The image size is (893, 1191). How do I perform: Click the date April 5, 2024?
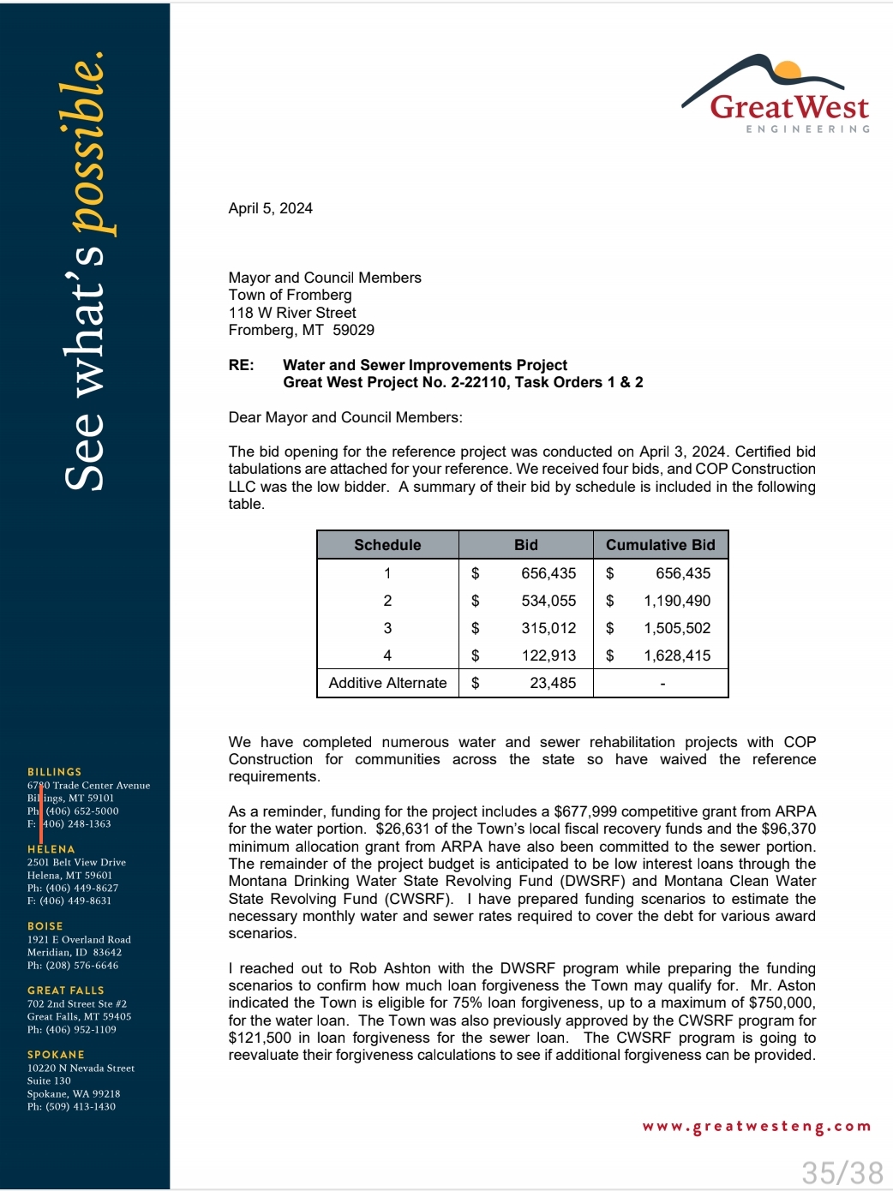coord(270,208)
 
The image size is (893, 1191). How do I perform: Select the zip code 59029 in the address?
coord(353,330)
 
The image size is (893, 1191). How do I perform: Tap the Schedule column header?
coord(387,545)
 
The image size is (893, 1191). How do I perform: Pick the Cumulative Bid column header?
coord(660,545)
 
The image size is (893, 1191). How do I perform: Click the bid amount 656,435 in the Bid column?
coord(548,573)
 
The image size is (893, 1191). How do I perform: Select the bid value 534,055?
coord(548,601)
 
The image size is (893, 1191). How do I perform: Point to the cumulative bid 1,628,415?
coord(677,655)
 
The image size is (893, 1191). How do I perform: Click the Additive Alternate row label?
coord(387,683)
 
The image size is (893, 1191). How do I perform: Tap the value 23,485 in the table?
coord(553,683)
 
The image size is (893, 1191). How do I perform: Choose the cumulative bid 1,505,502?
coord(677,628)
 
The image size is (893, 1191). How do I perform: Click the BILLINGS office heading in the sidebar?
coord(54,772)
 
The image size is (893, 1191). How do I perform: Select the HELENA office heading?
coord(51,849)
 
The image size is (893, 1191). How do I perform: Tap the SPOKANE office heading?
coord(56,1055)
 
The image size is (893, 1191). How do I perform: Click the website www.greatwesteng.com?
coord(756,1127)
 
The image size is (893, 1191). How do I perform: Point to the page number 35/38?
coord(842,1172)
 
